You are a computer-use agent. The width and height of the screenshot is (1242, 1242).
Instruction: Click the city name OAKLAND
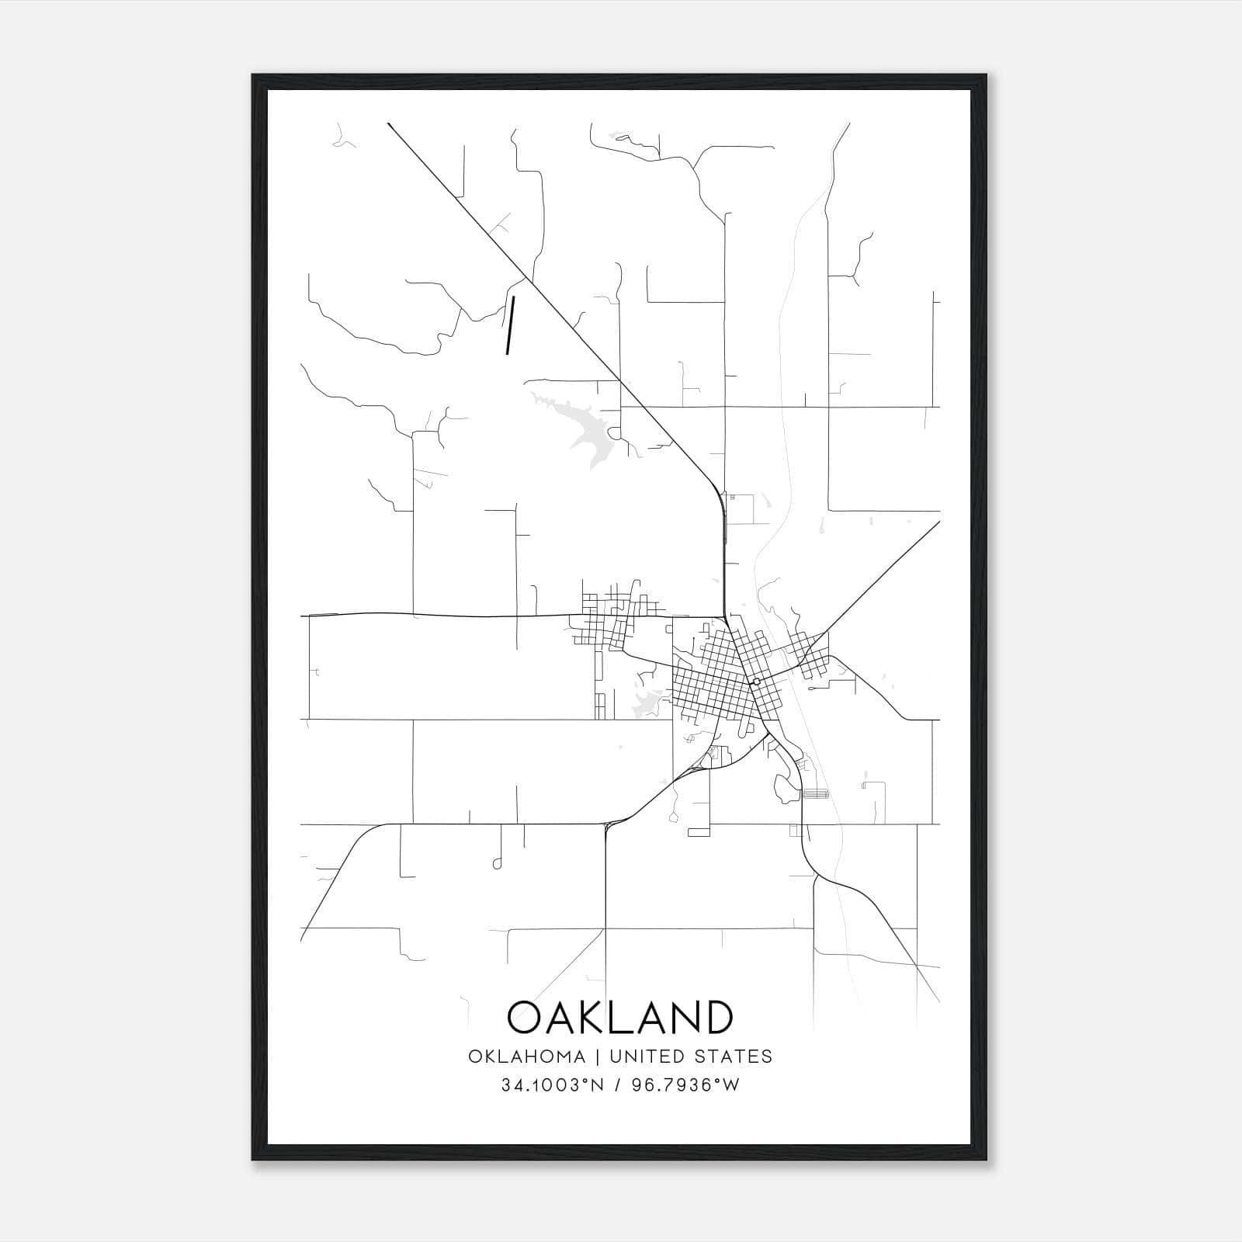619,1018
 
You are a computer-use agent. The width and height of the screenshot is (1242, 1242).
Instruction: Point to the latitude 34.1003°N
552,1085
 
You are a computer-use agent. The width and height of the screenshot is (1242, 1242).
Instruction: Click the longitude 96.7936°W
685,1085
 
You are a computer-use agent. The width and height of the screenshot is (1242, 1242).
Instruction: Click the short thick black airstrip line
510,324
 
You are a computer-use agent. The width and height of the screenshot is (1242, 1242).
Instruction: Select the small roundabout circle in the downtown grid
756,681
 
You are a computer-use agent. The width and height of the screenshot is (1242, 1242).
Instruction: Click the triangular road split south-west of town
607,825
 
